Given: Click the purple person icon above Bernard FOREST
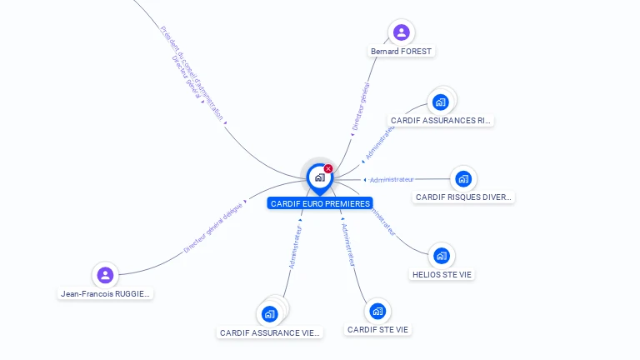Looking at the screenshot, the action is click(402, 32).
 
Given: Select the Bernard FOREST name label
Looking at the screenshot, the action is click(402, 51).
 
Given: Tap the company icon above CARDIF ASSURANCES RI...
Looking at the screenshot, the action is click(441, 102).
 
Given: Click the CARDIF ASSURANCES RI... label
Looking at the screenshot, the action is click(441, 120).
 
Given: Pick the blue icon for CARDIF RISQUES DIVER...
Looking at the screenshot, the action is click(463, 178).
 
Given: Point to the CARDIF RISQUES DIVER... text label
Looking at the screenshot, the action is click(463, 197).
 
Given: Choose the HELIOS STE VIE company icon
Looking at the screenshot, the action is click(442, 256).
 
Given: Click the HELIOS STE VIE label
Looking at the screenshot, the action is click(442, 274).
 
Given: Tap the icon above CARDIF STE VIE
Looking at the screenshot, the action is click(377, 312).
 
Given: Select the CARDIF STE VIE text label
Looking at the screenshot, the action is click(377, 330).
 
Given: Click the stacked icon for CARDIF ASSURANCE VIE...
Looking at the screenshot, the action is click(269, 314).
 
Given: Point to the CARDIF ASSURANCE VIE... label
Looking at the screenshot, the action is click(269, 332).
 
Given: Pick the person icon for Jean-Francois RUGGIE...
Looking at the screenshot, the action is click(105, 275).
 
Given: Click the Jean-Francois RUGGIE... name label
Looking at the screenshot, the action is click(105, 293).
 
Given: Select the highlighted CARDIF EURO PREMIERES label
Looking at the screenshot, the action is click(320, 203).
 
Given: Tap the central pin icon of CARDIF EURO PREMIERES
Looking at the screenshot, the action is click(319, 177).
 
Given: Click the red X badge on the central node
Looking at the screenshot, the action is click(328, 168).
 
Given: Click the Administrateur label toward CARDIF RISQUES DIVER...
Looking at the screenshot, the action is click(392, 179).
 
